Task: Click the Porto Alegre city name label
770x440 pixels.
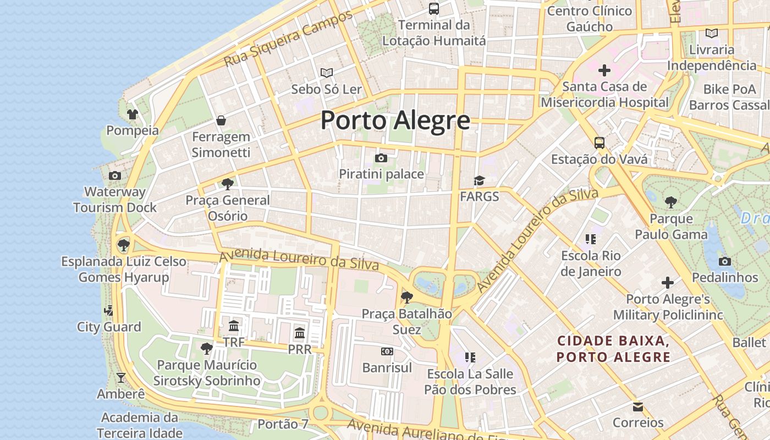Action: click(x=395, y=120)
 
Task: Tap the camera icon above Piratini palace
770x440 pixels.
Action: click(x=381, y=158)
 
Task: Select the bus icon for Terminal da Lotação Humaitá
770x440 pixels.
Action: click(x=434, y=9)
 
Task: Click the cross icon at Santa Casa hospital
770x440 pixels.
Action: click(x=604, y=70)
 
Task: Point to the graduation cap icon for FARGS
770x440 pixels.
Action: click(x=480, y=181)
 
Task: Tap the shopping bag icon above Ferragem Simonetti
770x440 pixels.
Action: click(x=221, y=120)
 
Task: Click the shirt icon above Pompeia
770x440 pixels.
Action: click(x=133, y=114)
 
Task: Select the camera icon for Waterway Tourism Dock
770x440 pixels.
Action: click(x=115, y=176)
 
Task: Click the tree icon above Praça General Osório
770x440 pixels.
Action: click(x=227, y=184)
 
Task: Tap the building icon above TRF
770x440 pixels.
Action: click(x=234, y=326)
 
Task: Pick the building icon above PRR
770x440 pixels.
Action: click(x=300, y=333)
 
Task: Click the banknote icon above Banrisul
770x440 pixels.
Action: click(x=387, y=351)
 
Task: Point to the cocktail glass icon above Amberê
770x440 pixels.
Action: click(x=121, y=378)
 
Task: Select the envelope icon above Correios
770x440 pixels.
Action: click(x=638, y=407)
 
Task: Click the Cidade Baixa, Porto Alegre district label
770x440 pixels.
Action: click(x=613, y=349)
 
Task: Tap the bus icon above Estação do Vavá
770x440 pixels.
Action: click(x=599, y=143)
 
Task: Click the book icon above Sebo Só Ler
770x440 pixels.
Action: click(x=327, y=73)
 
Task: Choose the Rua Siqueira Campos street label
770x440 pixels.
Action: click(x=288, y=39)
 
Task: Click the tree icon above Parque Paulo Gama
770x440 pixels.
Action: click(x=671, y=202)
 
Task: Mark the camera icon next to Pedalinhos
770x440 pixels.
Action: click(x=725, y=261)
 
